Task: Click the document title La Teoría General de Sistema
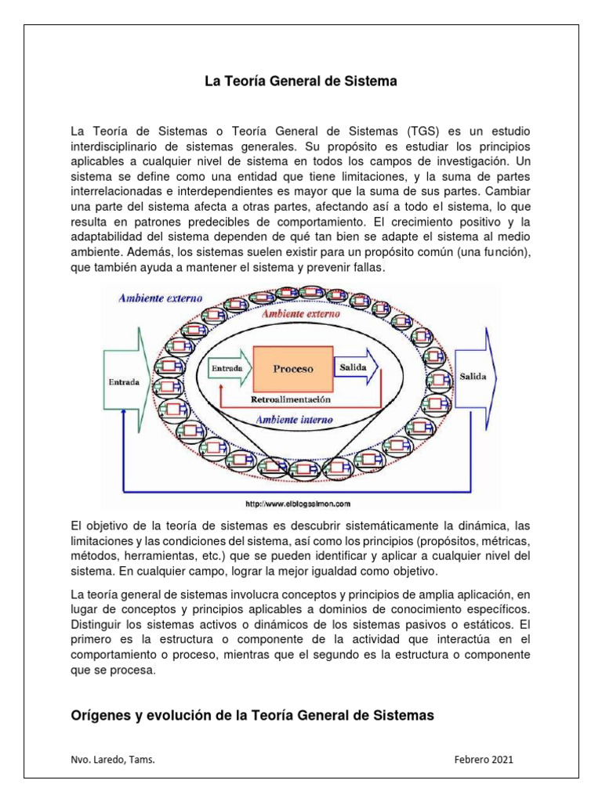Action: [301, 81]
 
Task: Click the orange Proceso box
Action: [292, 368]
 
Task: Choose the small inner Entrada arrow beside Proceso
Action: [230, 367]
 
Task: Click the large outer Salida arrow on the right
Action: [477, 377]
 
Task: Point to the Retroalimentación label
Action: [291, 399]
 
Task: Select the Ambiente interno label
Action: [296, 420]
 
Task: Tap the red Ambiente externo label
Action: [301, 313]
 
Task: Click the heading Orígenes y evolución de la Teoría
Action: [252, 715]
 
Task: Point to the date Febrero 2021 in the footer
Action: [484, 760]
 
